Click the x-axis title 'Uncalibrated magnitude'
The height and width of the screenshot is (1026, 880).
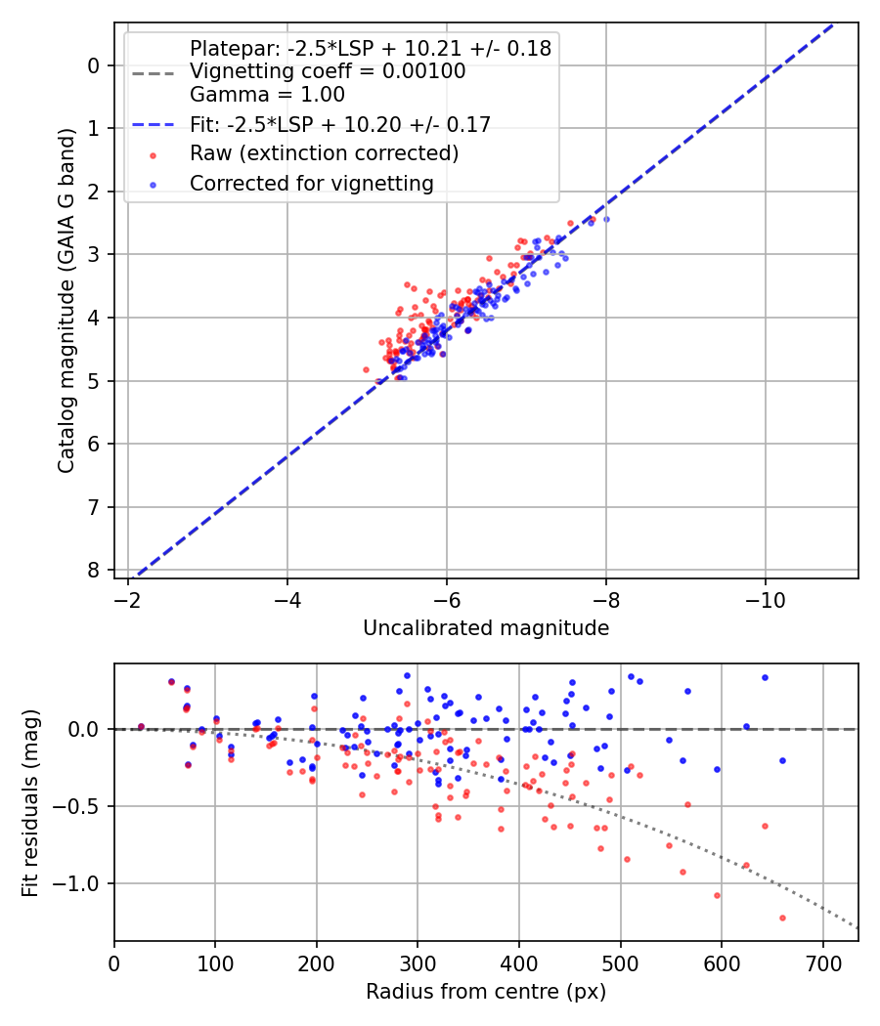[486, 628]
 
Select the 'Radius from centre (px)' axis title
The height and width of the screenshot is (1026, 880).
[486, 992]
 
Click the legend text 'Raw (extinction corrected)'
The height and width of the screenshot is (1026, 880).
[324, 153]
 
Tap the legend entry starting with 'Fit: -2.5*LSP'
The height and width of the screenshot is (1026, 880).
[339, 124]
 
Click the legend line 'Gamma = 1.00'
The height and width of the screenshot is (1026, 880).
[267, 95]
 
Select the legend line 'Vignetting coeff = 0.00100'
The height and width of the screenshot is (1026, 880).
[328, 71]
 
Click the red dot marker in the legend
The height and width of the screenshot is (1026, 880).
[152, 154]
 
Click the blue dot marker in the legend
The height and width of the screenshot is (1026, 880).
[152, 184]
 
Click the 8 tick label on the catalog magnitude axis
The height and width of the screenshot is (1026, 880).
[94, 570]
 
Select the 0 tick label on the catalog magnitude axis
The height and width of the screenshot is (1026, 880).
[94, 65]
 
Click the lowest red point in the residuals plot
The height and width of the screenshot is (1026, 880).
[782, 918]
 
